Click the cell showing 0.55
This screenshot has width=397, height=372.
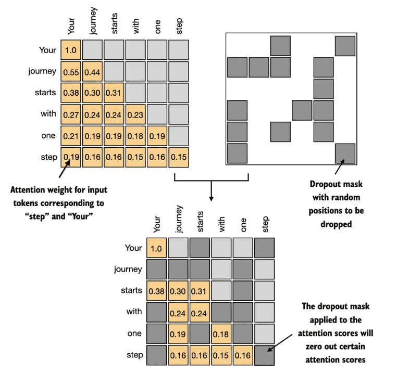(x=71, y=72)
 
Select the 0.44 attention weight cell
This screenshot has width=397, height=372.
(x=92, y=72)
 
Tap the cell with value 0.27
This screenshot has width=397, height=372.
(x=71, y=115)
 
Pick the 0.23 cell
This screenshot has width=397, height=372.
(x=135, y=115)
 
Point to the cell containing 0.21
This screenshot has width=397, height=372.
(x=71, y=136)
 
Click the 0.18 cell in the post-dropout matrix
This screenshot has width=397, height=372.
(x=221, y=334)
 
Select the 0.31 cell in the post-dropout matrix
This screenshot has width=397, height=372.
(x=200, y=291)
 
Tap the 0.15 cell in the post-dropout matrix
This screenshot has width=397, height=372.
(x=221, y=355)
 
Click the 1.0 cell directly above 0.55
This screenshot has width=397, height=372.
(x=71, y=50)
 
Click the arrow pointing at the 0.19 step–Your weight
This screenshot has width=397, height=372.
(x=64, y=169)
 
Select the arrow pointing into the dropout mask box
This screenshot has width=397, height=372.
(x=340, y=166)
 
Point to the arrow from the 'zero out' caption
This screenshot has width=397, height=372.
(x=280, y=343)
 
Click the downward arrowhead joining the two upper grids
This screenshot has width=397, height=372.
(x=211, y=199)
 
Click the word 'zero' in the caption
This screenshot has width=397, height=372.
(x=314, y=346)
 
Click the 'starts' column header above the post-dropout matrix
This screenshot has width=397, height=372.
(x=200, y=222)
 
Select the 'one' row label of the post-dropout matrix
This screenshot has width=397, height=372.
(x=134, y=333)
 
